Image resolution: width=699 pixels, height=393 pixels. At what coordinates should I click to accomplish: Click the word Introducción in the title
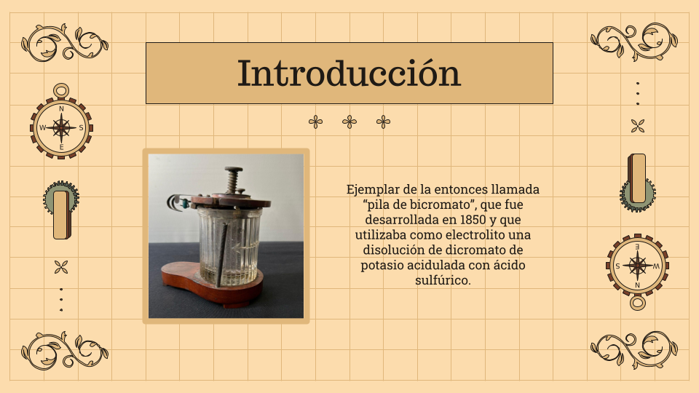coord(349,74)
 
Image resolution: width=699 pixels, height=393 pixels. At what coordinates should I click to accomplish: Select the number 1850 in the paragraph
coord(473,220)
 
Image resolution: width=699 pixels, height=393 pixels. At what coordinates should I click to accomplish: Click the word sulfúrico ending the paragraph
coord(443,280)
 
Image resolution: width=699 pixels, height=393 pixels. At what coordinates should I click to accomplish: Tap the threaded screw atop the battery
coord(234,180)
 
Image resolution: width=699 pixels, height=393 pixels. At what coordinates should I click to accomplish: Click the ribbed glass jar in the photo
coord(228,247)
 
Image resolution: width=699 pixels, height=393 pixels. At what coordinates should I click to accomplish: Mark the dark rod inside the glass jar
coord(221,255)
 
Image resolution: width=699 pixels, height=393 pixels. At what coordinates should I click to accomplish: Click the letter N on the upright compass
coord(61,108)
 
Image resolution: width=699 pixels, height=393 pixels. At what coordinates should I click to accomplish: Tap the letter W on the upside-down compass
coord(656,266)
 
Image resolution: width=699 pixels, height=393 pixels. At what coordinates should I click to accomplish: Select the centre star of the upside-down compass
coord(638,266)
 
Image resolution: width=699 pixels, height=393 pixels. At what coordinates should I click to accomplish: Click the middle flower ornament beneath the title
coord(349,122)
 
